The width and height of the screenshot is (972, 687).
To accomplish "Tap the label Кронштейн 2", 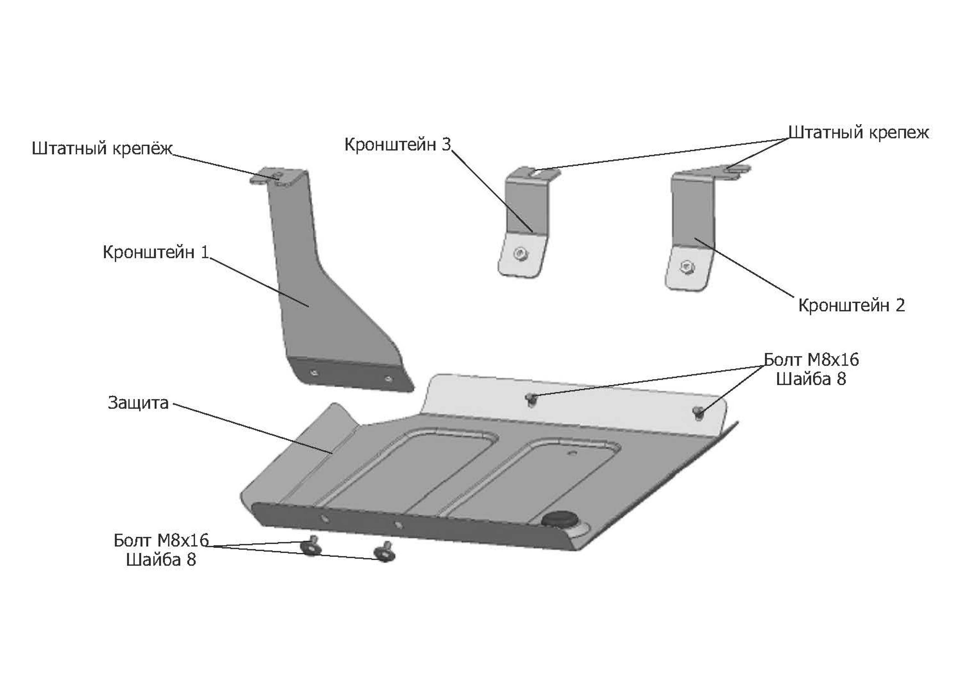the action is (852, 305).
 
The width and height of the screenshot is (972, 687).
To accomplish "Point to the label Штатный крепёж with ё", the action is (103, 148).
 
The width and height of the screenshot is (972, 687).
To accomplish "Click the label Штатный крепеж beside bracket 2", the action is (859, 132).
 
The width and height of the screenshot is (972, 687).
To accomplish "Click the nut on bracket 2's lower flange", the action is (685, 267).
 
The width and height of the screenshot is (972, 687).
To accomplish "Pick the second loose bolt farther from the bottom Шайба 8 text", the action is (384, 551).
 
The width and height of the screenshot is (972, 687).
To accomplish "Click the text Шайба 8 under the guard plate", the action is (161, 560).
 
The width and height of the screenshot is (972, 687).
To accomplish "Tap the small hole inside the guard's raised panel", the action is (573, 452).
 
